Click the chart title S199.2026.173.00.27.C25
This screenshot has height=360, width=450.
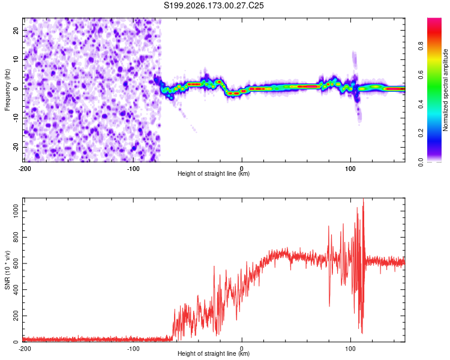coord(214,5)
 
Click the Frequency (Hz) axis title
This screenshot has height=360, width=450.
coord(7,90)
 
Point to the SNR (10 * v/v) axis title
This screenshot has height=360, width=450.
coord(7,270)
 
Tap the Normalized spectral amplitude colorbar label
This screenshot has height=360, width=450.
coord(445,90)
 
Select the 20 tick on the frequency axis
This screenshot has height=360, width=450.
coord(16,30)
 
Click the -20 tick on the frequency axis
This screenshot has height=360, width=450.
coord(16,147)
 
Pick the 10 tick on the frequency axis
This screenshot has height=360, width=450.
coord(16,59)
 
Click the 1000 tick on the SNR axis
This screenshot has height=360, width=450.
coord(16,211)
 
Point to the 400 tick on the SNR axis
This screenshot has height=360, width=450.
coord(16,290)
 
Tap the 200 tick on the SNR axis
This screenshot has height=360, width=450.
coord(16,316)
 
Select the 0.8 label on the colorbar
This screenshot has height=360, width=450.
coord(421,46)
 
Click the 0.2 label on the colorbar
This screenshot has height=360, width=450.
coord(421,133)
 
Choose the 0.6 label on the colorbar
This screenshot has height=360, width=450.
coord(421,74)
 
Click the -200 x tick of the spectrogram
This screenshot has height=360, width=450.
coord(25,169)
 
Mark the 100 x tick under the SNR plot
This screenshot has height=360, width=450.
coord(350,349)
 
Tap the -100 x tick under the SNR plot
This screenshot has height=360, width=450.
coord(133,349)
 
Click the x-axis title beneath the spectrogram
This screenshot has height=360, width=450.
coord(214,173)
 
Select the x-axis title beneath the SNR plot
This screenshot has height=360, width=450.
coord(214,353)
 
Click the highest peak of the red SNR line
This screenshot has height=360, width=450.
coord(364,199)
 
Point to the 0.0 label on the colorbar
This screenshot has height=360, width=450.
coord(421,162)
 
